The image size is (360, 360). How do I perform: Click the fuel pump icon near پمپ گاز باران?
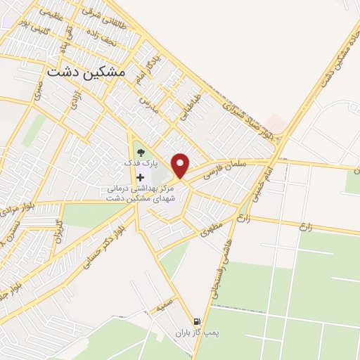pos(205,320)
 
